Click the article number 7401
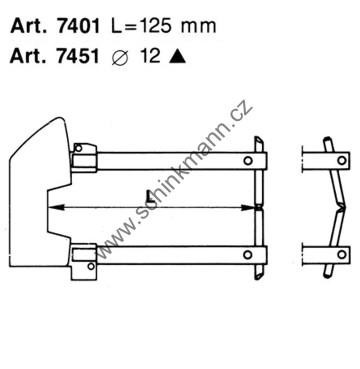pos(78,26)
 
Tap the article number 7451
pos(78,57)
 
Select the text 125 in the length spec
pos(154,26)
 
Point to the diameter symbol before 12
pos(119,57)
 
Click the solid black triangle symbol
pos(177,57)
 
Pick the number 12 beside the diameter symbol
pos(150,57)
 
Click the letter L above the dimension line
pos(150,196)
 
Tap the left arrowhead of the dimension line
pos(56,207)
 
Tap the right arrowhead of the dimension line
pos(248,207)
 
